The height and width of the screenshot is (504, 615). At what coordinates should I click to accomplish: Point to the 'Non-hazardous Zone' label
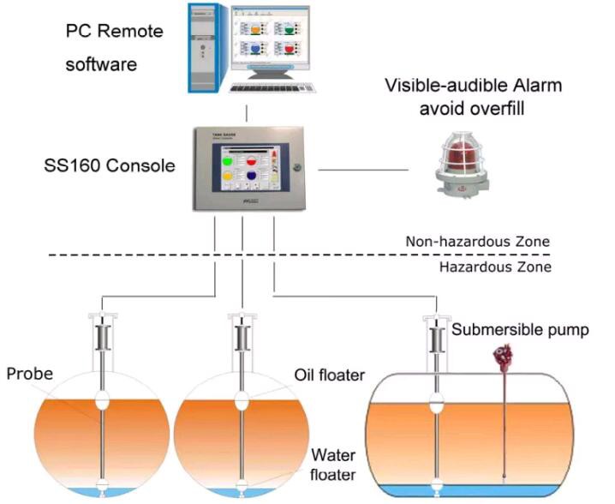[x=490, y=242]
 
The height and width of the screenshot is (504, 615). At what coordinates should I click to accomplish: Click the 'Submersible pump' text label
[x=520, y=329]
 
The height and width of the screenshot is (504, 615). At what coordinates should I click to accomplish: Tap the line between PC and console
[x=247, y=112]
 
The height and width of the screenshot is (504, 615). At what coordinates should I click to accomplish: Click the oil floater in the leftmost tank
[x=102, y=400]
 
